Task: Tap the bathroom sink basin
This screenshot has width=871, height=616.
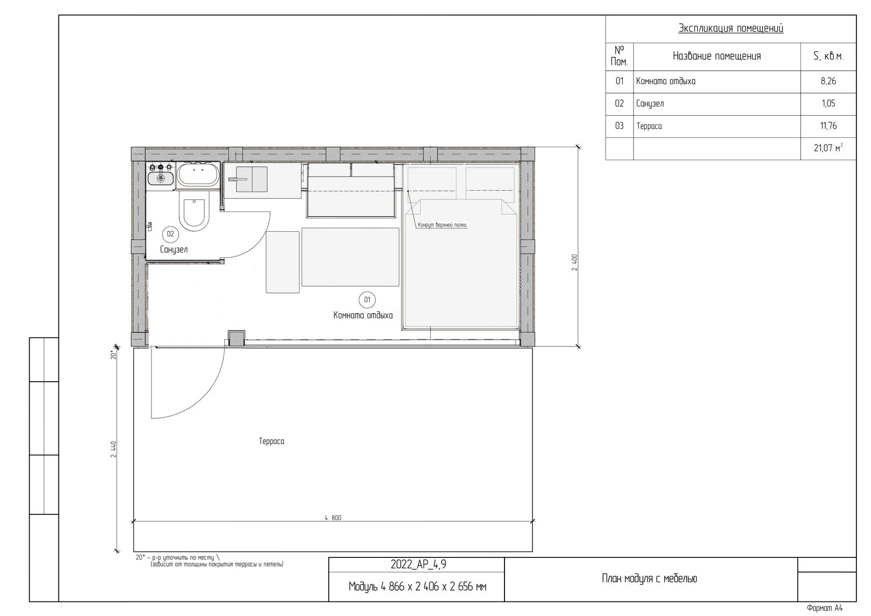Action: pos(161,178)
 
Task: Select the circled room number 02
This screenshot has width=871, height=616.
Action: pos(170,234)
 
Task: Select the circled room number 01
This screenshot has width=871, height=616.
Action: pos(367,300)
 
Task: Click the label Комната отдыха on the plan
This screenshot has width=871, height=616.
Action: pos(363,315)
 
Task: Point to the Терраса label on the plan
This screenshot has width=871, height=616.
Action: pos(272,441)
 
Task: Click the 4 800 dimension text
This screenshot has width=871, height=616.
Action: pos(333,517)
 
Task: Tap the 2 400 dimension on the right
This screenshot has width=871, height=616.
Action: pos(574,262)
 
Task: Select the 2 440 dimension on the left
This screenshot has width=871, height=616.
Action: pos(114,449)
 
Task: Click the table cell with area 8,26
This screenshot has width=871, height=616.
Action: pos(828,81)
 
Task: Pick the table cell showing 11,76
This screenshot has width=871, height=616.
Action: pos(828,126)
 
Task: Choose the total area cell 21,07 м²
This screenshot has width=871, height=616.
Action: pos(828,148)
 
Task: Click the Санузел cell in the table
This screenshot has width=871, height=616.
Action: pos(717,104)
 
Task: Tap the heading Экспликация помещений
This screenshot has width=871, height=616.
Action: pos(730,28)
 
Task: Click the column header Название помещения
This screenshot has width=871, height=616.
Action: pos(717,57)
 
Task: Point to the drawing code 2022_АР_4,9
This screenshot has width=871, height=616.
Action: pos(418,564)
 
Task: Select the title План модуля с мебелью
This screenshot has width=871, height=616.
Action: pos(649,579)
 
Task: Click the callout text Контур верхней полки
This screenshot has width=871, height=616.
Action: pos(442,225)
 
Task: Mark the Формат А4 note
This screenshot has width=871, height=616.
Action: pos(824,608)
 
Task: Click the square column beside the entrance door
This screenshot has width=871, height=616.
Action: pos(236,338)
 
